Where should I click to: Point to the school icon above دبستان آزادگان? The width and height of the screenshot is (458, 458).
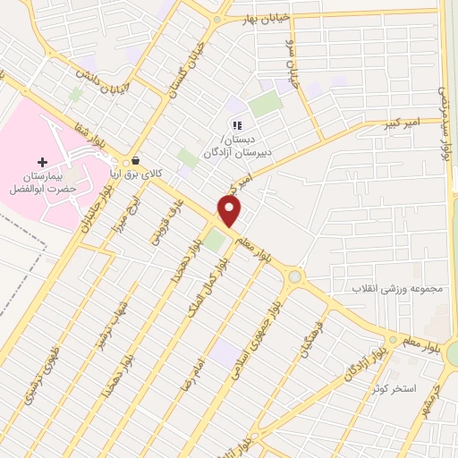coord(236,125)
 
